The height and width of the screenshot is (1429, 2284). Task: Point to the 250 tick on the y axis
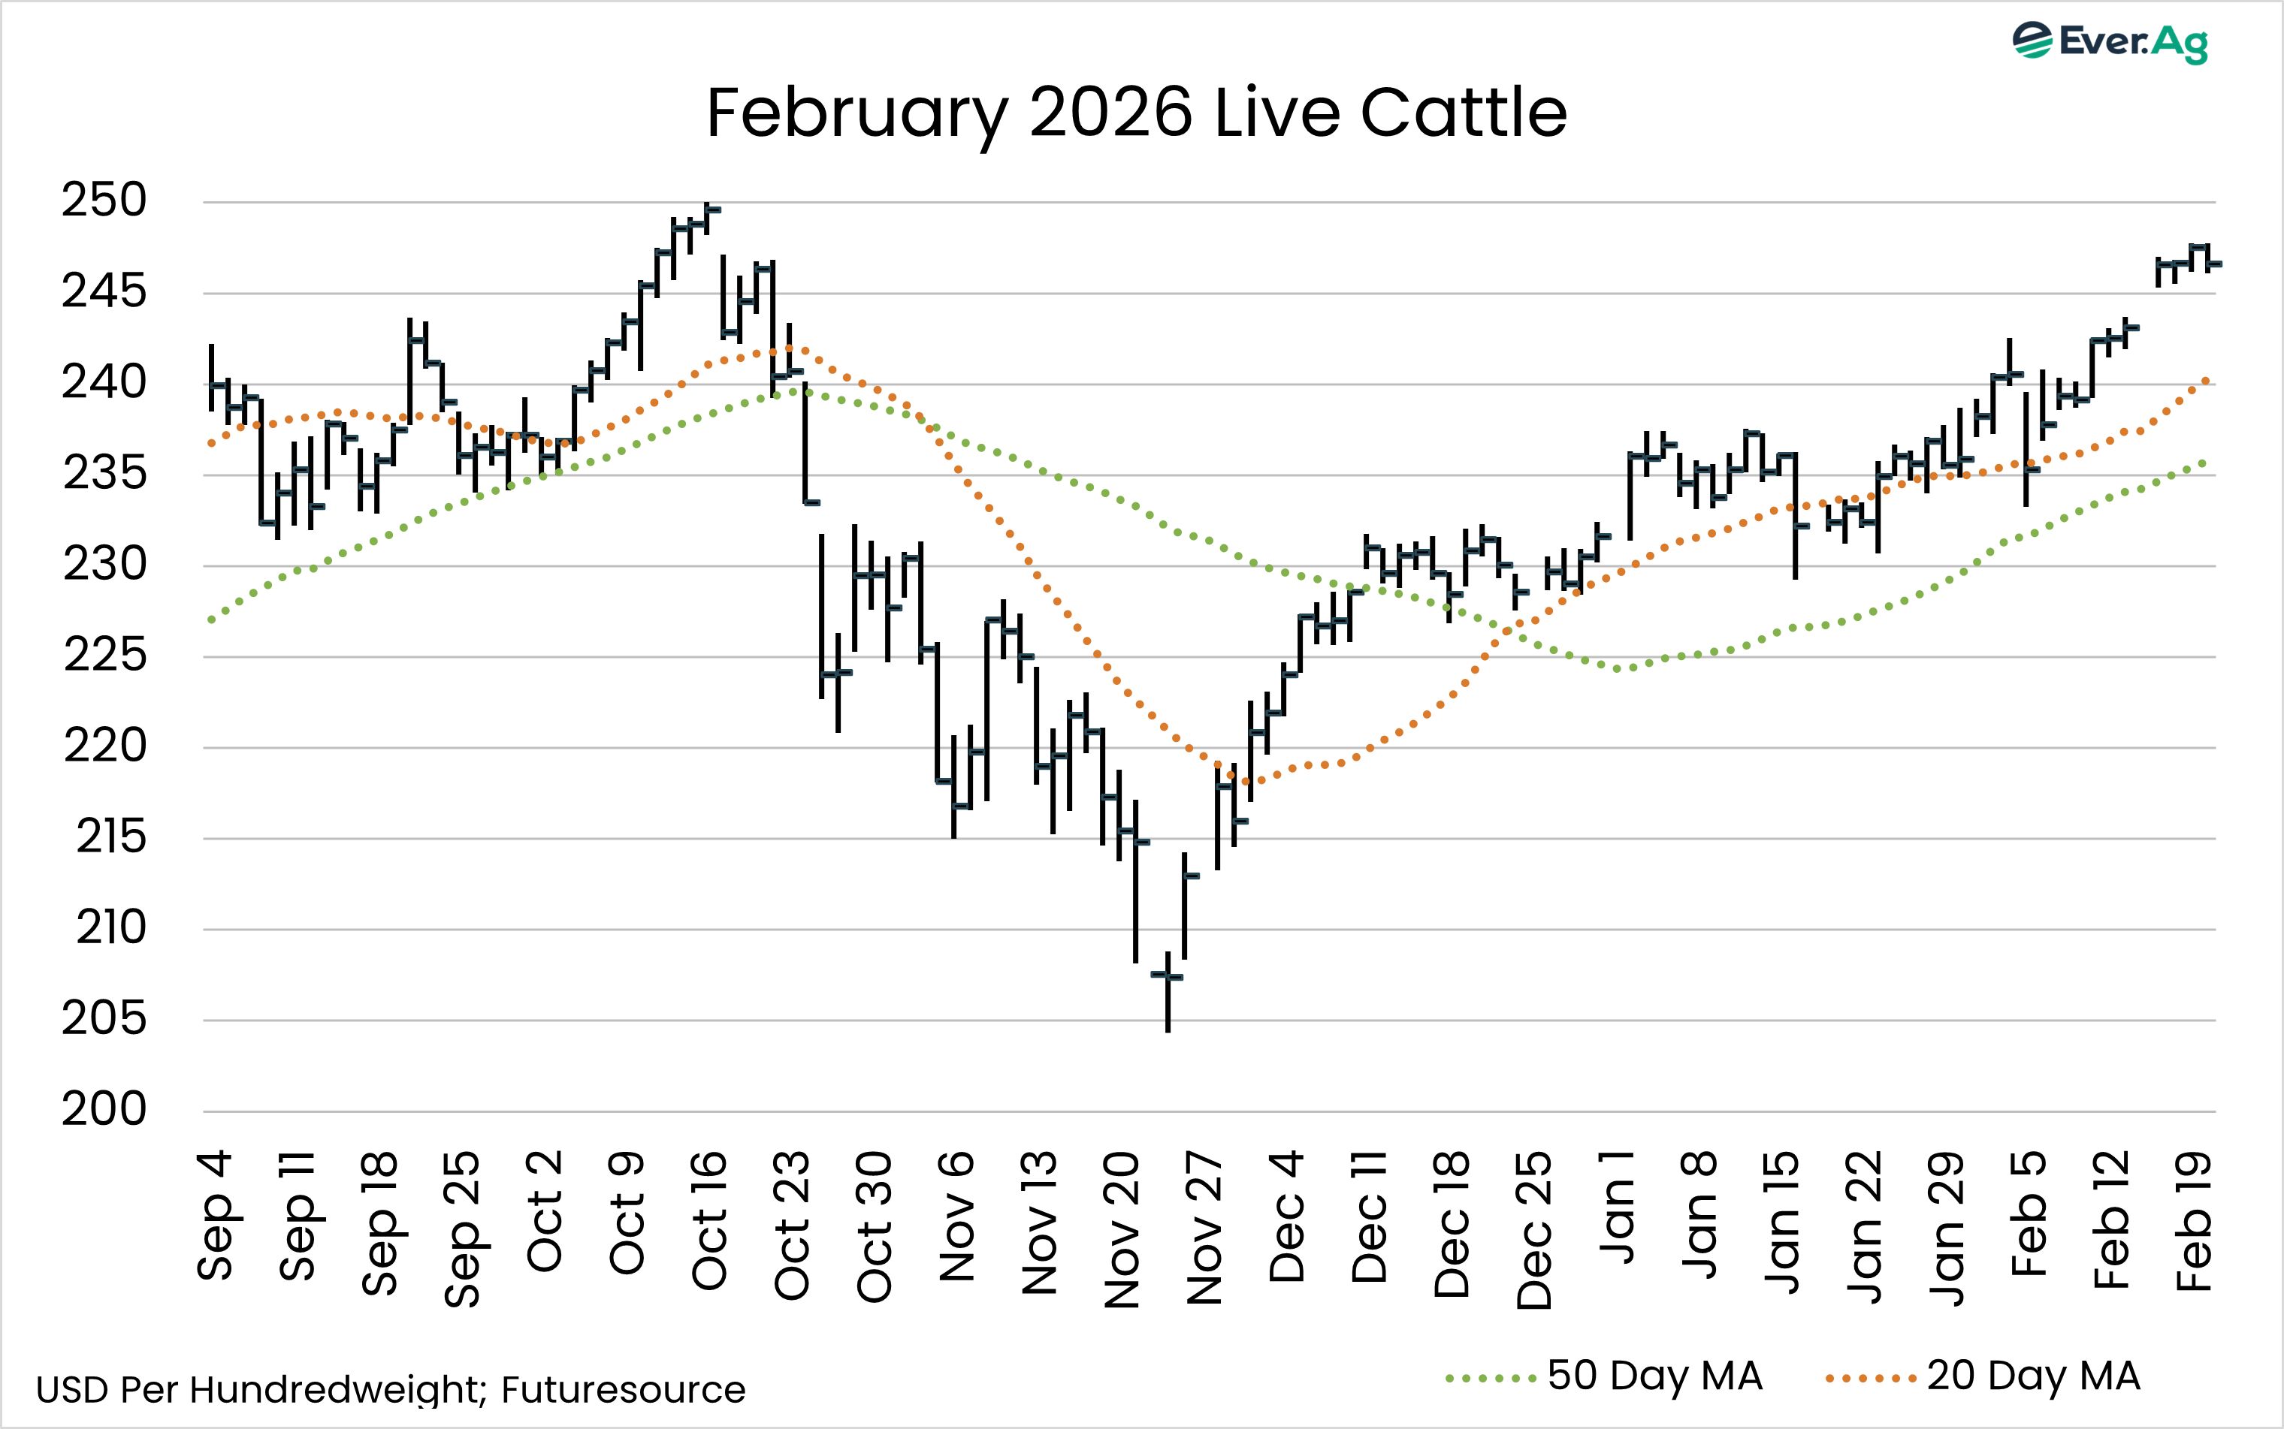pos(104,200)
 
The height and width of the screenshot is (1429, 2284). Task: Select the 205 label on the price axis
pos(104,1019)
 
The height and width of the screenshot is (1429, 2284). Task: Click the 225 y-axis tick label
pos(104,655)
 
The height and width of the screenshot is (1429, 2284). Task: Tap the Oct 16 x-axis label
pos(710,1220)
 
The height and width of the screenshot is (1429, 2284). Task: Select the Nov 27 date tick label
pos(1205,1227)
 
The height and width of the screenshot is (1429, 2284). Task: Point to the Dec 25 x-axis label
pos(1535,1229)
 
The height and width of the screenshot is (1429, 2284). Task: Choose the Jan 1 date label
pos(1618,1207)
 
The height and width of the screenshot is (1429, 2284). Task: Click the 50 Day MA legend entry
pos(1606,1376)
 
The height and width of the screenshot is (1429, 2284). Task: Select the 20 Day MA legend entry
pos(1983,1376)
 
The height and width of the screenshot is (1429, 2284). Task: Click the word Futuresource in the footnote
pos(623,1389)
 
